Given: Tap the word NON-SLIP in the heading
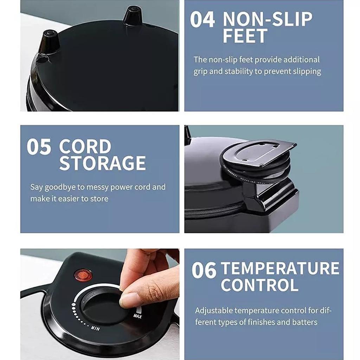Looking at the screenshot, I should (x=267, y=19).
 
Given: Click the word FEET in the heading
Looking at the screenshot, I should (x=245, y=36).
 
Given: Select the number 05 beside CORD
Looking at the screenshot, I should (x=39, y=147).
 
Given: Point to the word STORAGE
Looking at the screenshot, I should (x=102, y=163).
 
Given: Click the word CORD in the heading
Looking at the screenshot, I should (x=85, y=147).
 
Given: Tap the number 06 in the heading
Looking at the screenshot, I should (x=204, y=270).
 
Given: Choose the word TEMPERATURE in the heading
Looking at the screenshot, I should (x=280, y=269).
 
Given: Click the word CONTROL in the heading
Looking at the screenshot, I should (x=259, y=285).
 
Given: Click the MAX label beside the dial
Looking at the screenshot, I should (x=137, y=316).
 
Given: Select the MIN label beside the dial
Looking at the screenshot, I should (x=95, y=328).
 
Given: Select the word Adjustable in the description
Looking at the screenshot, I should (x=214, y=311).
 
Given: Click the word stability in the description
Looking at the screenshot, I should (x=238, y=71).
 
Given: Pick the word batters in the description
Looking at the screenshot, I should (x=305, y=322).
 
